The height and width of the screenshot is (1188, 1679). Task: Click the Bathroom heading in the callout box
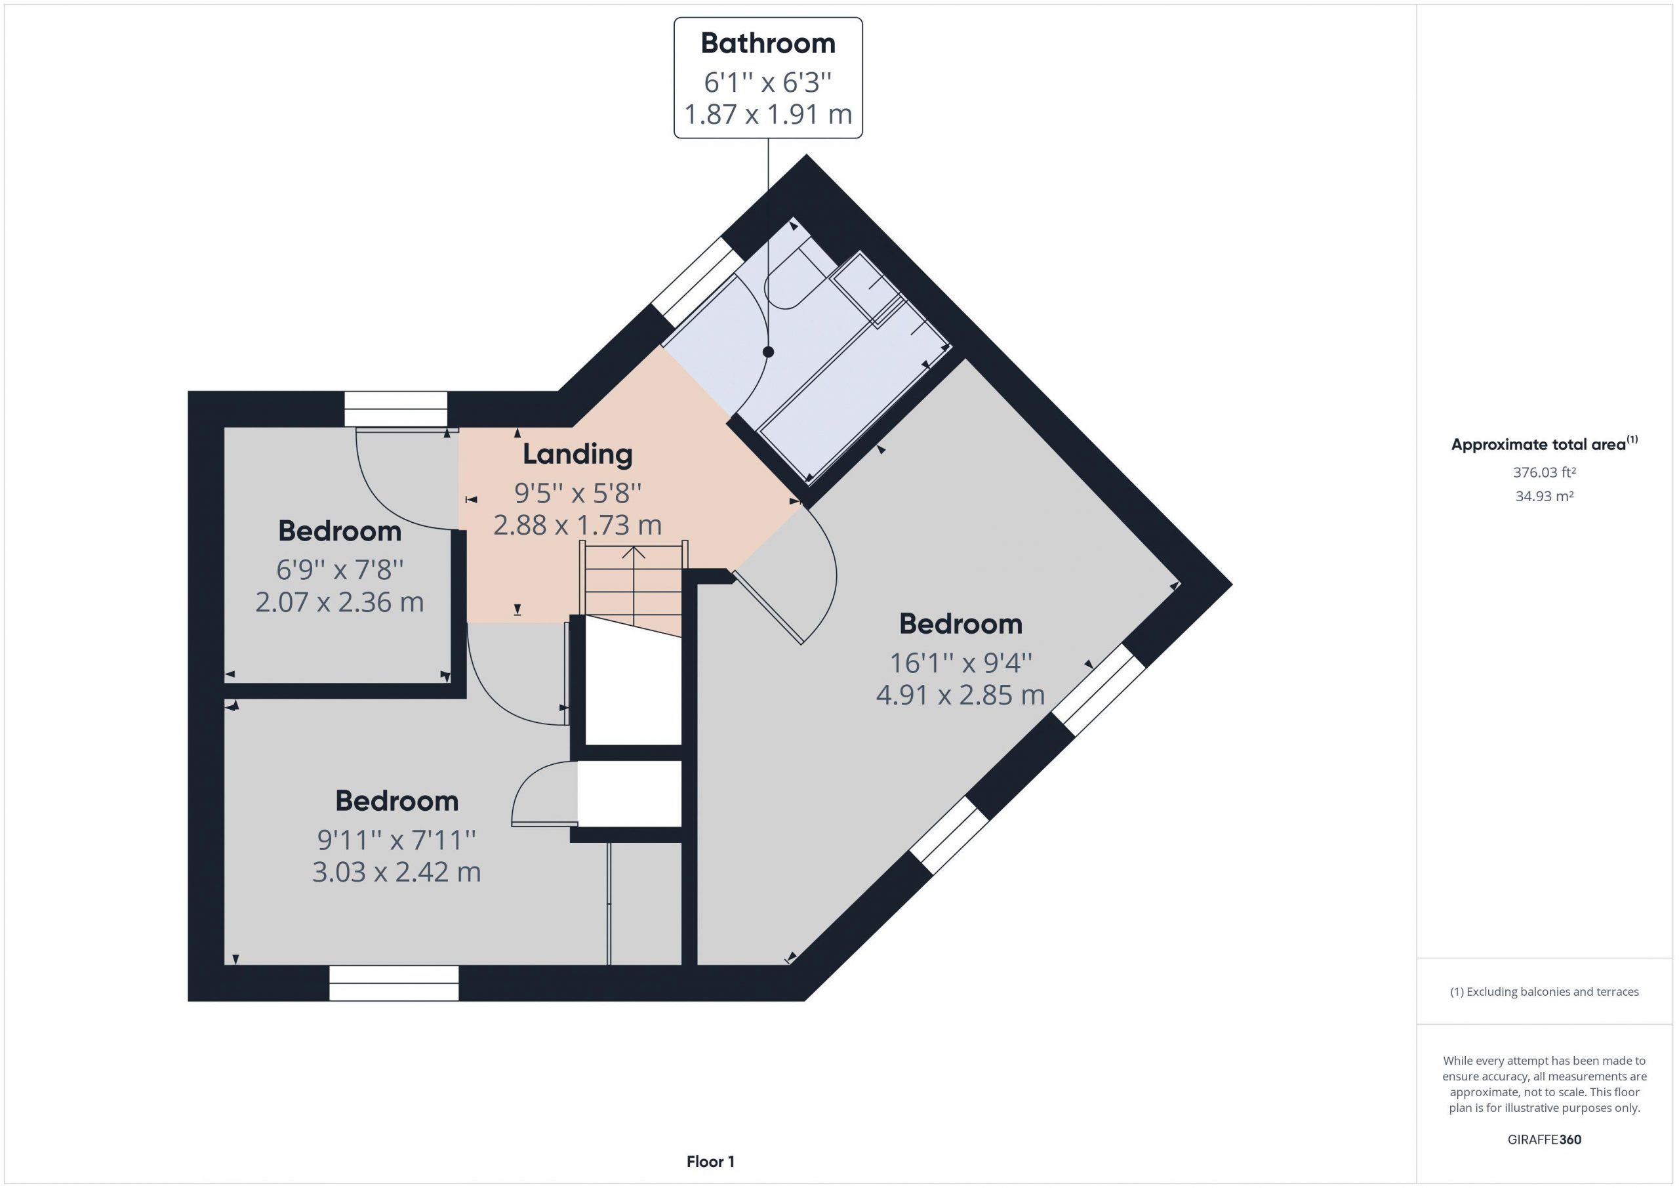768,44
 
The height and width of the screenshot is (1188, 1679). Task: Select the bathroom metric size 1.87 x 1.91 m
768,114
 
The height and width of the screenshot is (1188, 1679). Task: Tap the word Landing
577,455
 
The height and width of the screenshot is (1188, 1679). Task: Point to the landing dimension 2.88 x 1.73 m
577,525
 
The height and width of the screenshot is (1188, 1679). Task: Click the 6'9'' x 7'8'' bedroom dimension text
339,569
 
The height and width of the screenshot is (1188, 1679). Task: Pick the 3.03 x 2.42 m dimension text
396,872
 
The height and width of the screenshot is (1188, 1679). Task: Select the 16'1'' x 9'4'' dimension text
960,663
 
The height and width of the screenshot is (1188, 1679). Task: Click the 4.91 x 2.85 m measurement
960,695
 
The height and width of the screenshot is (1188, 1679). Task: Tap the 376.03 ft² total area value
1545,472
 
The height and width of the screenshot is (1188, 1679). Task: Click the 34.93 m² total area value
1545,496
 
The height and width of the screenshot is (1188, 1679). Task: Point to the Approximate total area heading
1545,444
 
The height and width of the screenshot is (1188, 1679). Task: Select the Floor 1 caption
710,1161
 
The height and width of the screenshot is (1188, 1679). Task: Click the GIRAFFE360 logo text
1545,1139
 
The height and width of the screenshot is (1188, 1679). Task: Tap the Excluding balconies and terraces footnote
1545,991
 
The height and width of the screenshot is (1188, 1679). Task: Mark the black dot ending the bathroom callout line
768,352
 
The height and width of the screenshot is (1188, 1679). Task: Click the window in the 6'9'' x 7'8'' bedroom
395,409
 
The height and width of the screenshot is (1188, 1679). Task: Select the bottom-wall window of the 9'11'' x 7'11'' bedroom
394,983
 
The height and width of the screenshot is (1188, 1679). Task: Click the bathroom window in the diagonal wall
693,282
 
